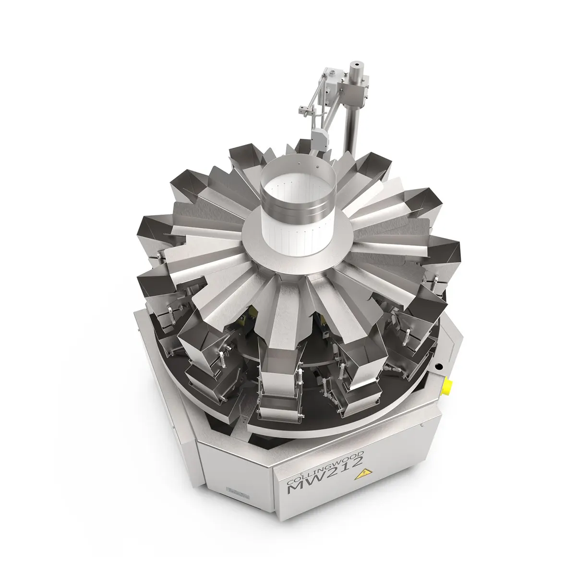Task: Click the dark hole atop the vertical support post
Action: (356, 64)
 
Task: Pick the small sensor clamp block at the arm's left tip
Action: (305, 110)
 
